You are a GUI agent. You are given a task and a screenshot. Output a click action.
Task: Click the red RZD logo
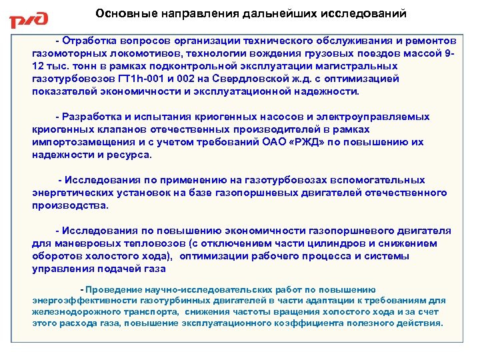(29, 19)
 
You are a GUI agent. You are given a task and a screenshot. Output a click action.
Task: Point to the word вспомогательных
(379, 181)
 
